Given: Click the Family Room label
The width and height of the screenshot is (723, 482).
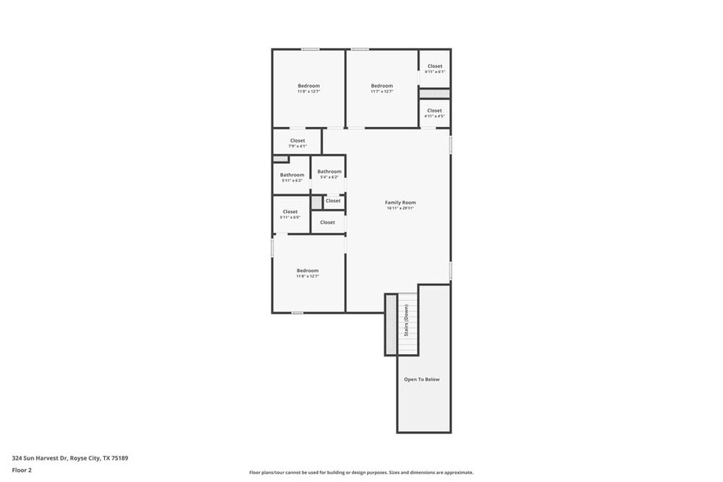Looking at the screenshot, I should pos(401,202).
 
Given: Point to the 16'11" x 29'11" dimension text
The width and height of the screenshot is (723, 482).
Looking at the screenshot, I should pos(401,208).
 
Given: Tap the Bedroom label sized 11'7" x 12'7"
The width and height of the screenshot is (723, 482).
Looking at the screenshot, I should pos(382,86).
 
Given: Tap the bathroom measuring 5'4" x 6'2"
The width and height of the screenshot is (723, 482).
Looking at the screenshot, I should pos(330,172).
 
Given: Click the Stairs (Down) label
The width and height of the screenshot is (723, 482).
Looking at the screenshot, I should pos(406,321).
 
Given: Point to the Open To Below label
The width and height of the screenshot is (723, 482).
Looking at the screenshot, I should pos(422,380).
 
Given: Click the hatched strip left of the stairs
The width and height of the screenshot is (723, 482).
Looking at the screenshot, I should pos(391,325).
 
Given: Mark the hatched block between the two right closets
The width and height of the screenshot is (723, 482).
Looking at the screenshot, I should pos(434,93).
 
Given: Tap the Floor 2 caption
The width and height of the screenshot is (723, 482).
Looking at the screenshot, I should pos(22,470).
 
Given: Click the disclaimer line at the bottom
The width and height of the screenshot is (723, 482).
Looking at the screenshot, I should pos(361,473).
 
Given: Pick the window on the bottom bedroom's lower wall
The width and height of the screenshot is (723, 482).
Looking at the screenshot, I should pos(297,312).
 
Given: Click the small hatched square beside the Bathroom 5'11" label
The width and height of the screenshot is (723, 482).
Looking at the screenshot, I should pos(280,159).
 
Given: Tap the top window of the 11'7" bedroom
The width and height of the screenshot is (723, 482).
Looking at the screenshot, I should pos(360,49).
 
